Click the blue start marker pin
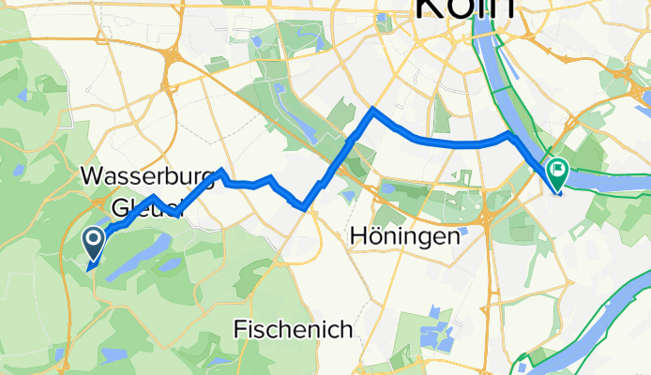click(95, 243)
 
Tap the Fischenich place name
click(293, 329)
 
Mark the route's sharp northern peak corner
click(373, 110)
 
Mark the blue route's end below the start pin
click(89, 269)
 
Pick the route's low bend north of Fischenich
click(302, 205)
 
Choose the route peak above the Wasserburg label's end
click(220, 172)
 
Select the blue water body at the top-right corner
click(642, 98)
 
